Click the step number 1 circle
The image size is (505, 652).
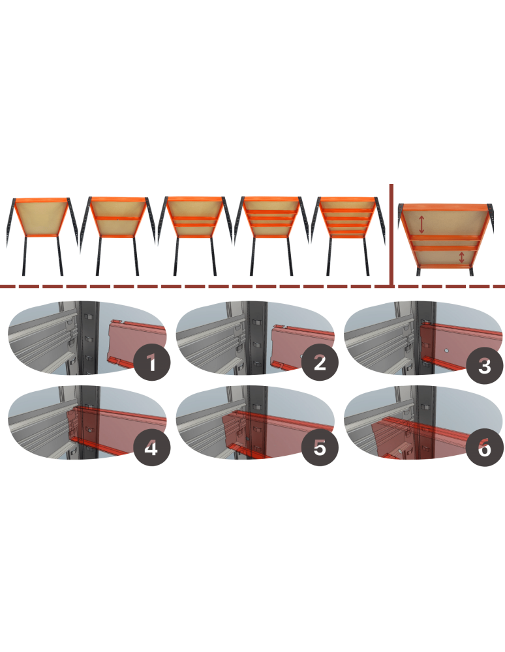point(152,363)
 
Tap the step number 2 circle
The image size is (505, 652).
point(320,363)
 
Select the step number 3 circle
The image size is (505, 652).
point(484,366)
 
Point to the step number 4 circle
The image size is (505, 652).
point(151,448)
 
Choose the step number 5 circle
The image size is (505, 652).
point(320,448)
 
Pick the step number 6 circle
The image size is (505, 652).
point(484,448)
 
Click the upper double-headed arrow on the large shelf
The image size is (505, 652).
point(421,224)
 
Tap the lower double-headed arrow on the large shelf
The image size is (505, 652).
point(461,257)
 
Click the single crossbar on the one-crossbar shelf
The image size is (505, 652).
point(117,218)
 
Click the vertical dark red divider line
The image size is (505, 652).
point(391,235)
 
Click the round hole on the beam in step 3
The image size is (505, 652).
point(446,351)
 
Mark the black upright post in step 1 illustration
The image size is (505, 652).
point(89,337)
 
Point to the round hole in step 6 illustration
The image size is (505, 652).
point(400,451)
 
